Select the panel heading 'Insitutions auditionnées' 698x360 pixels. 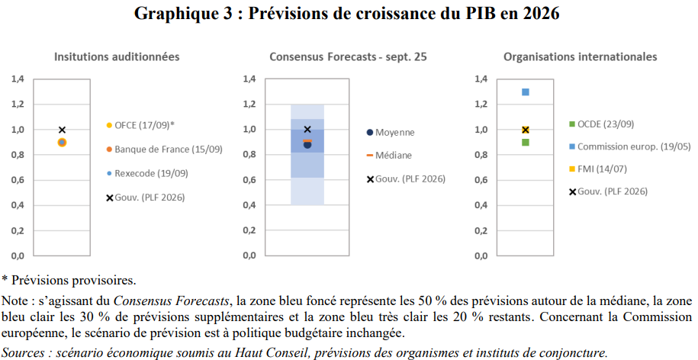[x=117, y=56]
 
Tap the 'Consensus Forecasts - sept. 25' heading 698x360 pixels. [x=348, y=56]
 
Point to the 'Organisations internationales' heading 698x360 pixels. [x=580, y=56]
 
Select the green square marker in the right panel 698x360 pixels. [x=526, y=142]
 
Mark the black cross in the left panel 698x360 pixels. [x=62, y=130]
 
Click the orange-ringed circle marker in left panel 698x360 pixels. [x=62, y=143]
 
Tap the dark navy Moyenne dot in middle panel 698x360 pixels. [x=307, y=144]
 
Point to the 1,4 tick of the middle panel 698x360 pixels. [x=249, y=79]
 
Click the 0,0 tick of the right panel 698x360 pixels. [x=481, y=256]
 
